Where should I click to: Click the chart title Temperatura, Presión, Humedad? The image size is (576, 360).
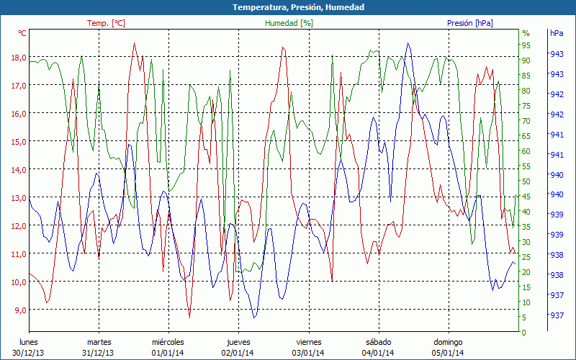(x=288, y=7)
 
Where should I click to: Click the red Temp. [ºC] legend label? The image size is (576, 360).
(x=106, y=23)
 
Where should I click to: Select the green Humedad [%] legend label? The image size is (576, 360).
(x=289, y=23)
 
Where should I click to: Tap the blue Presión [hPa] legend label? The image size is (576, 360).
(x=470, y=23)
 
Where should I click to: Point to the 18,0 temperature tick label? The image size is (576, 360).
(x=17, y=58)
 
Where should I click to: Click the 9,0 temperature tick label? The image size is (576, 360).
(x=19, y=310)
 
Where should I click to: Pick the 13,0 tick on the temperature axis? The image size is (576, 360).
(x=17, y=198)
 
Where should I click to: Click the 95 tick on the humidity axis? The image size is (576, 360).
(x=526, y=45)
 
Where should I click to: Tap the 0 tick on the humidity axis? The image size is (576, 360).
(x=524, y=333)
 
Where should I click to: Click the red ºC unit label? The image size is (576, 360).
(x=22, y=33)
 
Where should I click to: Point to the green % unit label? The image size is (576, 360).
(x=526, y=33)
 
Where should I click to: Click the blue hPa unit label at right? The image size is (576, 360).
(x=557, y=33)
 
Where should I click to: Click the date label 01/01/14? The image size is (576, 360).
(x=168, y=352)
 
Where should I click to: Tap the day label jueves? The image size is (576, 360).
(x=238, y=342)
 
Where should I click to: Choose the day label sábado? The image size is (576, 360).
(x=378, y=342)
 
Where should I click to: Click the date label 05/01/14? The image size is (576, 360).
(x=448, y=352)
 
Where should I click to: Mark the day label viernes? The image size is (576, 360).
(x=308, y=342)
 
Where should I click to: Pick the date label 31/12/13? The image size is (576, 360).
(x=99, y=352)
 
